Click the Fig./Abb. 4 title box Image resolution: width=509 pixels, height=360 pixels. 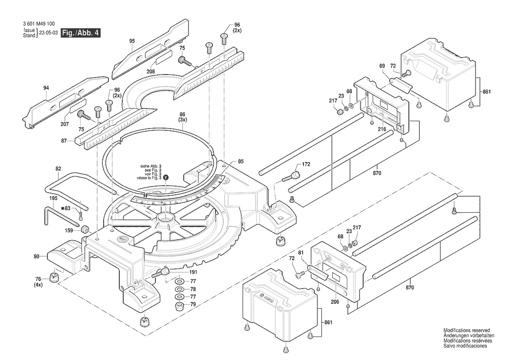(81, 33)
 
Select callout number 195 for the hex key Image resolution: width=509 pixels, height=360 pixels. (53, 198)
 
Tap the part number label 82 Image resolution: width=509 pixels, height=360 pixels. (58, 168)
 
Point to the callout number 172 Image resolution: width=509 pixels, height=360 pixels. (306, 164)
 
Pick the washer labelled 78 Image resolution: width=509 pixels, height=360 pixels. (179, 289)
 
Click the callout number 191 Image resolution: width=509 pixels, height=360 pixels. (181, 272)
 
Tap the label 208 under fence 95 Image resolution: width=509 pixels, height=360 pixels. (151, 71)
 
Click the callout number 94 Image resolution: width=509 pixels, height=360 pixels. (47, 88)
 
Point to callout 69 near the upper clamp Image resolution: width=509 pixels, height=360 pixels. (382, 66)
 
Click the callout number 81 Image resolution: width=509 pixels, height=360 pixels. (300, 252)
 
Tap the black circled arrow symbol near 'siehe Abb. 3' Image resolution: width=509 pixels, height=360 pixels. (165, 178)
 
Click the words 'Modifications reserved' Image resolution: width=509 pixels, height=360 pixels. (466, 330)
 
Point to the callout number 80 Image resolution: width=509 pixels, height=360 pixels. (37, 256)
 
